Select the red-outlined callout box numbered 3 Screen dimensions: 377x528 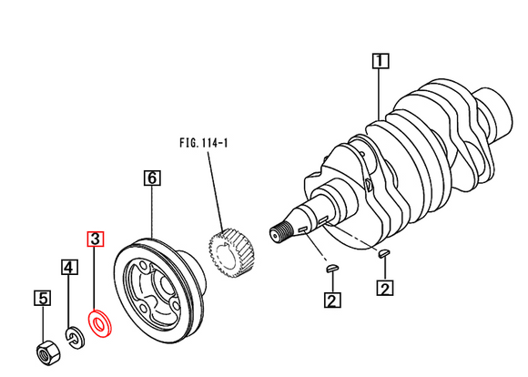click(96, 239)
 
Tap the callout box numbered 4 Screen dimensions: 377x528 click(69, 267)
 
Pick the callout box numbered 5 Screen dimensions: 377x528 click(43, 297)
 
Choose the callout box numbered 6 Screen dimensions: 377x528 click(152, 178)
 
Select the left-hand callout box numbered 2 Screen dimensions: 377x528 click(331, 299)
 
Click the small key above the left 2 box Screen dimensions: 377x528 click(331, 268)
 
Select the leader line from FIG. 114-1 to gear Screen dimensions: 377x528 click(217, 191)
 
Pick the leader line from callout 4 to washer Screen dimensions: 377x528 click(70, 301)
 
